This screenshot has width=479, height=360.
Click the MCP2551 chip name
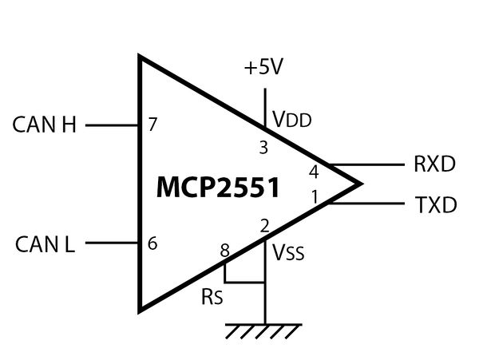218,188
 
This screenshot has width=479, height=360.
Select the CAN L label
45,243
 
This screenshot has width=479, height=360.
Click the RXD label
434,165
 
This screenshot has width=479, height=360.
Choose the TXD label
436,205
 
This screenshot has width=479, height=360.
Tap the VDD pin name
291,120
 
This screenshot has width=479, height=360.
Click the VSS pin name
289,253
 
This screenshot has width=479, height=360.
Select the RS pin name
212,298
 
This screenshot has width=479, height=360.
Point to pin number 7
152,125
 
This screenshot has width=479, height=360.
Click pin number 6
152,243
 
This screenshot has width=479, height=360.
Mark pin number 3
263,147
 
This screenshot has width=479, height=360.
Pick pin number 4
314,171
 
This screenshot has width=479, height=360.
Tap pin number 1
315,195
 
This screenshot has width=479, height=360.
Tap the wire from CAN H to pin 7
112,125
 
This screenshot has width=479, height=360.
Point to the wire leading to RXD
367,165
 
